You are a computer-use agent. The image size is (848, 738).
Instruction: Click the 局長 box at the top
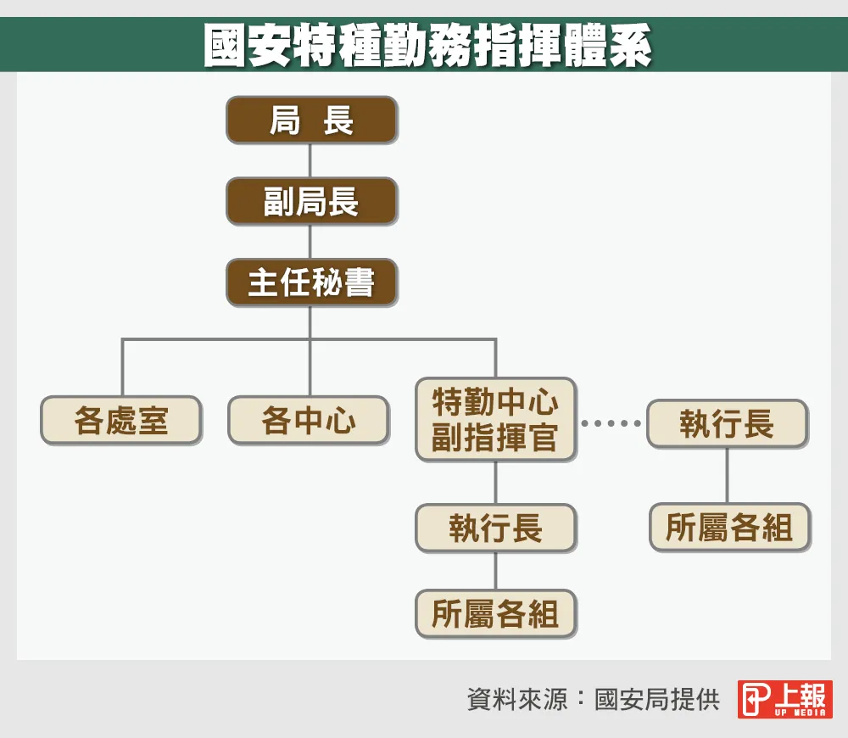312,120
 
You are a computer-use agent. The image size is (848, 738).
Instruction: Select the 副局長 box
312,201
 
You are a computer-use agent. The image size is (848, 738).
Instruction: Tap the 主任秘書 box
312,282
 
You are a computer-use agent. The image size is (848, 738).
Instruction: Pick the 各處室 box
121,421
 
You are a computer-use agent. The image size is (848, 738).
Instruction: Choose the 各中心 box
309,421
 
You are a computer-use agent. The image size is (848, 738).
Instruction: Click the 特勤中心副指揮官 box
496,419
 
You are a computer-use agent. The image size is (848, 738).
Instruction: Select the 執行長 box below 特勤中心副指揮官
496,528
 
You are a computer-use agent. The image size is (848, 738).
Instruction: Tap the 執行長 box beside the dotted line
728,423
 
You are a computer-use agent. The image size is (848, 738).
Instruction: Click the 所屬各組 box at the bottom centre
496,613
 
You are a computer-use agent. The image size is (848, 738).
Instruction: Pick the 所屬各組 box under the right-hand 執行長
729,528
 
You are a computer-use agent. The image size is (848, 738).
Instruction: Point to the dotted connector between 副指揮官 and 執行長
611,423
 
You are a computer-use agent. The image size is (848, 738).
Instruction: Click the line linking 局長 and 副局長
310,160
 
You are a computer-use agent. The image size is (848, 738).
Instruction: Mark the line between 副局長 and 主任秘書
310,242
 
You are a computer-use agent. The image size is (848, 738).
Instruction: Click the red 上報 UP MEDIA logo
784,699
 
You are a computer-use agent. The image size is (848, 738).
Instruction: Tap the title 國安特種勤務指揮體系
427,46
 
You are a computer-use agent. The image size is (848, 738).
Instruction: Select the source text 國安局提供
657,700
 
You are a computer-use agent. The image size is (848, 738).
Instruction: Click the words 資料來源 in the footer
517,700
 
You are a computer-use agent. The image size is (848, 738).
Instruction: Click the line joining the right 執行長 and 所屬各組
727,476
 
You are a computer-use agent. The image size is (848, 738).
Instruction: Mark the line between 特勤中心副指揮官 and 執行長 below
496,483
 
